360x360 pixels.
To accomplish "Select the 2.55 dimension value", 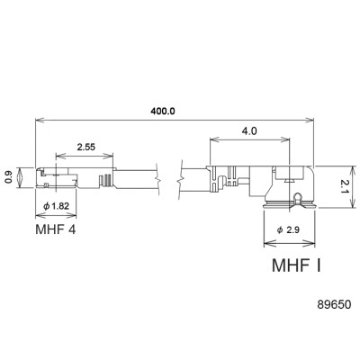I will click(86, 146).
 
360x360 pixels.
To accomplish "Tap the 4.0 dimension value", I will click(249, 130).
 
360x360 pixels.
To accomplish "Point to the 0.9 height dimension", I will click(10, 178).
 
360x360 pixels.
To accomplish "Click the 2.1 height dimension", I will click(343, 187).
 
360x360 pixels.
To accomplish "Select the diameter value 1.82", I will click(61, 207).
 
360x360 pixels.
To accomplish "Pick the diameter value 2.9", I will click(296, 230).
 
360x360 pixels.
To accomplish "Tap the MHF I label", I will click(296, 266).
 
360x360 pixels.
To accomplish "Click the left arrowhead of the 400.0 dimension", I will click(39, 120).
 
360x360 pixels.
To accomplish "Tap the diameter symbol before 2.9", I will click(282, 230).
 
